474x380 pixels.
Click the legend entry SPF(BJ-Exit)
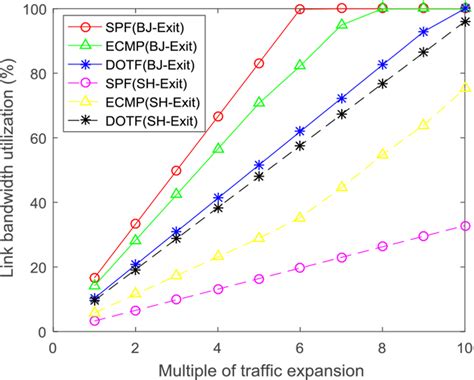(145, 23)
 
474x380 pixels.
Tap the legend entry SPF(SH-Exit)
(145, 82)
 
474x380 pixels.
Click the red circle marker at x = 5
(259, 63)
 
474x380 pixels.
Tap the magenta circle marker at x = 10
(465, 226)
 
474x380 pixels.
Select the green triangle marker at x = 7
(342, 24)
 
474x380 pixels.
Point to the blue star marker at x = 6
(300, 131)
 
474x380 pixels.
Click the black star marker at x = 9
(424, 51)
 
